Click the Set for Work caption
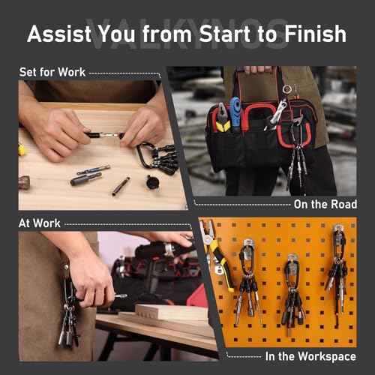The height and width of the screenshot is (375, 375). pos(52,73)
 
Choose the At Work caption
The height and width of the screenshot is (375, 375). pos(40,223)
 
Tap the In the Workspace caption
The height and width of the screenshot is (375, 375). pos(310,357)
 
